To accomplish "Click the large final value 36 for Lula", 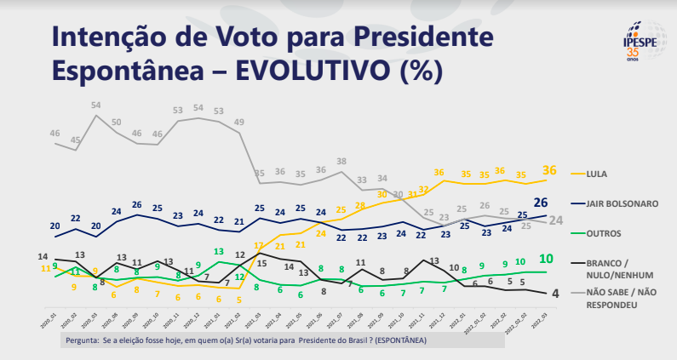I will tap(549, 171).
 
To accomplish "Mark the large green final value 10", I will tap(548, 259).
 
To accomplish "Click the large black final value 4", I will tap(554, 294).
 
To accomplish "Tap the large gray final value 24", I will tap(554, 220).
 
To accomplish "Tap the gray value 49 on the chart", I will tap(239, 123).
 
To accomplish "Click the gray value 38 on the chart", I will tap(341, 161).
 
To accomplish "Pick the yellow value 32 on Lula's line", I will tap(423, 190).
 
